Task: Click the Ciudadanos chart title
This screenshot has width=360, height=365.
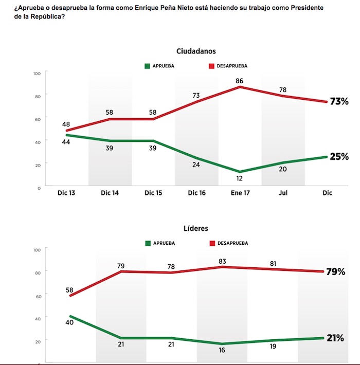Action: coord(196,51)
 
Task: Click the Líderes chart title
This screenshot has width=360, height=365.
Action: coord(196,228)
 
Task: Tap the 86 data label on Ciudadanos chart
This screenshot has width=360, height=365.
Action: coord(239,81)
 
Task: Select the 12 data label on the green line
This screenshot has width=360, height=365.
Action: coord(239,178)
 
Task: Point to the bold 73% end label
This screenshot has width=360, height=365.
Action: coord(339,102)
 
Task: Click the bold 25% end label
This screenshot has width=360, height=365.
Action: coord(339,157)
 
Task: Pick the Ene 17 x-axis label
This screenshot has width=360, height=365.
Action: coord(240,193)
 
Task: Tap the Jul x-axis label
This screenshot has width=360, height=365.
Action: coord(283,193)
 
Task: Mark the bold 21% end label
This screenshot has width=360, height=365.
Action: coord(335,338)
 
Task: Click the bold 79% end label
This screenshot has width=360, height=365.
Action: coord(335,271)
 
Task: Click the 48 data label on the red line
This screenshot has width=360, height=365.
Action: coord(66,123)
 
